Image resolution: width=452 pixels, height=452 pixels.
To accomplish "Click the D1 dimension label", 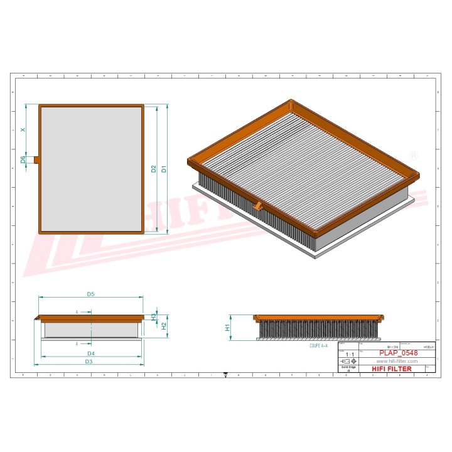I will (x=164, y=169).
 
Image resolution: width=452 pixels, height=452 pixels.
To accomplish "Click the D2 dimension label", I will (x=153, y=169).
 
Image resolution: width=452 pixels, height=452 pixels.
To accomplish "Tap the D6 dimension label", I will (x=23, y=159).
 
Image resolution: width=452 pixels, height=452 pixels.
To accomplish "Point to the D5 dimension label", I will (x=90, y=294).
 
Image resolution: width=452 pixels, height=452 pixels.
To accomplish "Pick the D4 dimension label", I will (x=90, y=355).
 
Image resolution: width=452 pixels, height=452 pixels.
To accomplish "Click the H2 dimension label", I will (x=164, y=326).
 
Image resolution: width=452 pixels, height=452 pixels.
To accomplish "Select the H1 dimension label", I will (x=228, y=327).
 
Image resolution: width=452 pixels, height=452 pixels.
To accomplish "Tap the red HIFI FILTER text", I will (x=392, y=369).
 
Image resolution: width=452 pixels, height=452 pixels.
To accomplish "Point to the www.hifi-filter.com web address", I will (x=397, y=362).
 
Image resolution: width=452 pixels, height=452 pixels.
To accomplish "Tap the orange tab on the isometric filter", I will (x=258, y=206).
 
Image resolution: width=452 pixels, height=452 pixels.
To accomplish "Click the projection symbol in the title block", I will (x=347, y=362).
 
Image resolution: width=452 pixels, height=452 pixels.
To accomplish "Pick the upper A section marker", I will (x=77, y=311).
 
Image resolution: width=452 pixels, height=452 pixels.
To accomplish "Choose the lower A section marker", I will (x=77, y=344).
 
